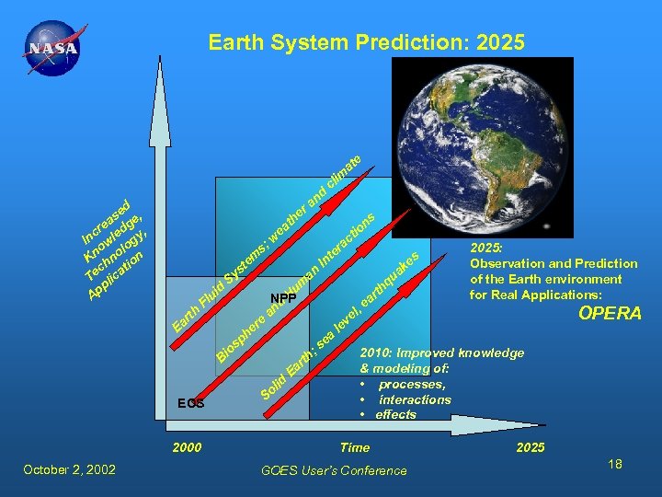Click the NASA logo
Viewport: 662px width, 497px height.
click(x=53, y=49)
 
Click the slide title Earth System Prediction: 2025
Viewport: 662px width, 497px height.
click(x=366, y=42)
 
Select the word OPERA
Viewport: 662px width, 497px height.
click(x=609, y=314)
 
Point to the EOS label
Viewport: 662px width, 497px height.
click(x=191, y=403)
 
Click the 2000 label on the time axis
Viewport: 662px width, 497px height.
click(x=187, y=447)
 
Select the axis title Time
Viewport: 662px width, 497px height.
click(x=355, y=447)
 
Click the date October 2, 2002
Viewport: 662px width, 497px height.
click(x=69, y=469)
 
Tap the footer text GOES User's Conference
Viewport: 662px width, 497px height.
click(x=334, y=470)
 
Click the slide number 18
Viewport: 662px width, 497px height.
click(x=614, y=465)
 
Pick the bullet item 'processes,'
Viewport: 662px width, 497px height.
click(x=411, y=384)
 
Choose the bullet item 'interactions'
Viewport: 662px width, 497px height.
click(x=414, y=399)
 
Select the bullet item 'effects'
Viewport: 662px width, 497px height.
click(x=395, y=414)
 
